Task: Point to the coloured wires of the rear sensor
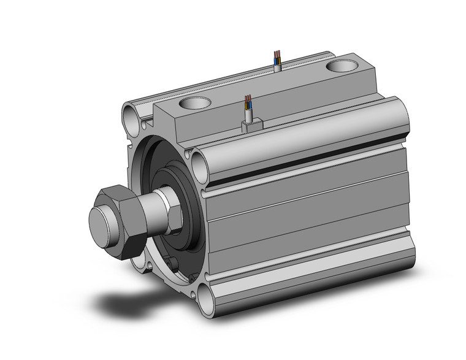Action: (278, 57)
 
